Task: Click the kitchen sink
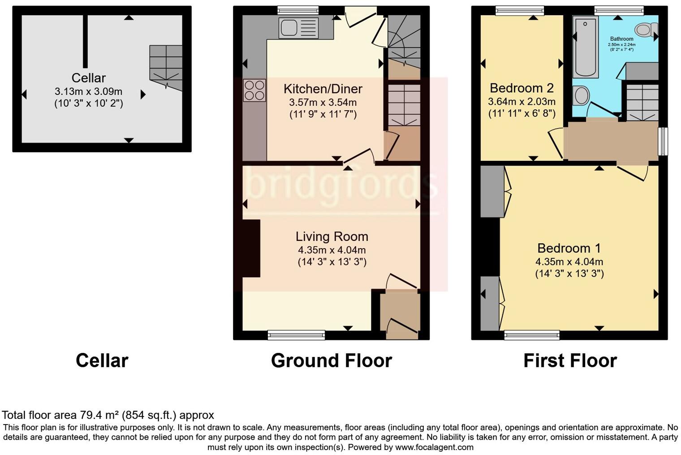(x=298, y=28)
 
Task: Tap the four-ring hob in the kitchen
(x=254, y=90)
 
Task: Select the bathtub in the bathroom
(x=585, y=47)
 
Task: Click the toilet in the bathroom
(x=645, y=30)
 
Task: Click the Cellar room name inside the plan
(x=89, y=78)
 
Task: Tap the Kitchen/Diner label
(x=323, y=89)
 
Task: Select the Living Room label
(x=332, y=236)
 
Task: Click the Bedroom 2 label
(x=522, y=88)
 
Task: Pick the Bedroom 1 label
(x=569, y=248)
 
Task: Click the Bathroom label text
(x=621, y=39)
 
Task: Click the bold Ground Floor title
(x=331, y=361)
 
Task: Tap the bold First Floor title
(x=570, y=361)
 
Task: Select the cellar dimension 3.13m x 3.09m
(x=88, y=92)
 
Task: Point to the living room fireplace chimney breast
(x=251, y=249)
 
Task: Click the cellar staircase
(x=166, y=67)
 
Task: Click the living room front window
(x=296, y=335)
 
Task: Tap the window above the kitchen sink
(x=297, y=10)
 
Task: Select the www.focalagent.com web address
(x=434, y=447)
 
